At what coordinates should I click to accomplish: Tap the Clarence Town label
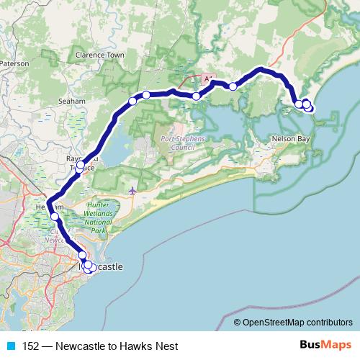coord(100,55)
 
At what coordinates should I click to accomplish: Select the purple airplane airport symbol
coord(132,191)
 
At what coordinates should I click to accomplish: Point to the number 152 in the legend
coord(31,346)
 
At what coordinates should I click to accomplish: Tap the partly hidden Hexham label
coord(45,207)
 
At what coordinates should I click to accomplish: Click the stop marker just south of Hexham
coord(55,216)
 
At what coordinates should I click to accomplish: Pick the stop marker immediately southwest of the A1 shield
coord(196,96)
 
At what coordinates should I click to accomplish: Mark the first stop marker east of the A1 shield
coord(233,86)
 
